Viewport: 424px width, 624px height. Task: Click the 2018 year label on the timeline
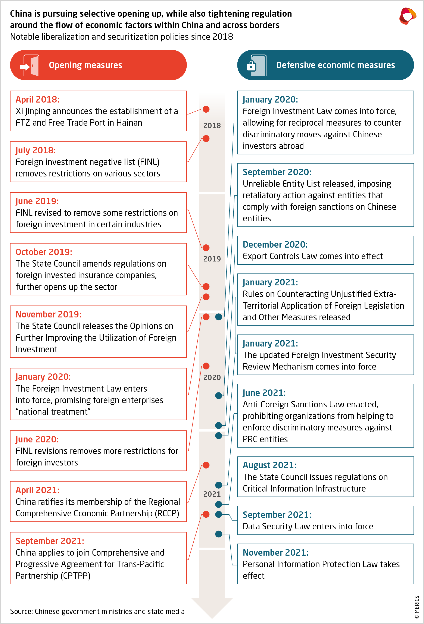coord(212,125)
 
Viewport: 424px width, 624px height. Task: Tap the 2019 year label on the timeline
coord(212,259)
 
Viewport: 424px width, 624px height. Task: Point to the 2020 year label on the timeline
coord(212,377)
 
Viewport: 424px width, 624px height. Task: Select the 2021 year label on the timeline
coord(212,494)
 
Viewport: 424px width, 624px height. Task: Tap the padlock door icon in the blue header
coord(256,65)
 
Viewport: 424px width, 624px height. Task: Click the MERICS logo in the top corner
coord(407,16)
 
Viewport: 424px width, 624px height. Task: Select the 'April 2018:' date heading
coord(37,99)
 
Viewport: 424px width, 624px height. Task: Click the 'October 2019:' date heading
coord(44,252)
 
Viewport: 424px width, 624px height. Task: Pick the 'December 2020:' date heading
coord(275,244)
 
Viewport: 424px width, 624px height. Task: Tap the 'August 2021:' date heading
coord(269,465)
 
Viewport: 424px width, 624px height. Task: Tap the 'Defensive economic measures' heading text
coord(335,65)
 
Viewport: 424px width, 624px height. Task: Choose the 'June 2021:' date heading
coord(264,393)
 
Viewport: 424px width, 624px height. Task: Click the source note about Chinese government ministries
coord(97,611)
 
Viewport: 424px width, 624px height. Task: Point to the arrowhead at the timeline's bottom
coord(212,608)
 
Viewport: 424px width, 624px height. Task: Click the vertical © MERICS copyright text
coord(417,607)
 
